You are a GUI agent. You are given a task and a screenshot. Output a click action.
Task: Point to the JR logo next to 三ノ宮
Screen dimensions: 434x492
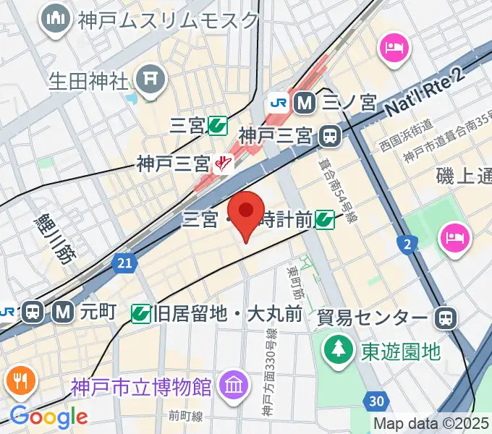click(x=277, y=103)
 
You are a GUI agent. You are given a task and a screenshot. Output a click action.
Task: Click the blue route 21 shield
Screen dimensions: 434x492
click(x=124, y=266)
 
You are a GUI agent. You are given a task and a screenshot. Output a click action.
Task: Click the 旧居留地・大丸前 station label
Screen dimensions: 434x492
click(x=227, y=313)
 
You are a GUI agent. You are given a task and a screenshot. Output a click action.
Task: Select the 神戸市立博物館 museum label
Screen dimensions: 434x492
click(x=142, y=387)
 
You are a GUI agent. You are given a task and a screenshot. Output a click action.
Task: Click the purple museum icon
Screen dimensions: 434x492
click(x=233, y=382)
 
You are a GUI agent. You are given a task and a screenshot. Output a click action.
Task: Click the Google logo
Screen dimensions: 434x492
click(x=48, y=417)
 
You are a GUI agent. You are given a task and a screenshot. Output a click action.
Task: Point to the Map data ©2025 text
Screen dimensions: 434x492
click(x=431, y=422)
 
